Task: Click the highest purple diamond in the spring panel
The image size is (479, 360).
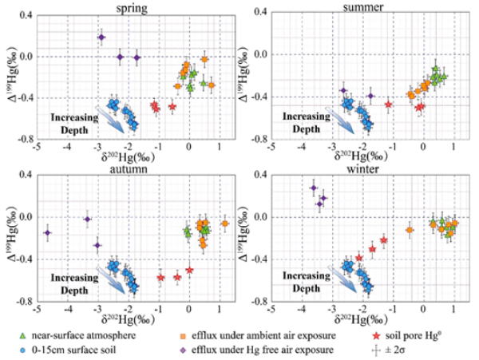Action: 101,37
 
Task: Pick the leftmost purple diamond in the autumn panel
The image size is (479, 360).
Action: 48,232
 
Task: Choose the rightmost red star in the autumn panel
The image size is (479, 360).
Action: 189,270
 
